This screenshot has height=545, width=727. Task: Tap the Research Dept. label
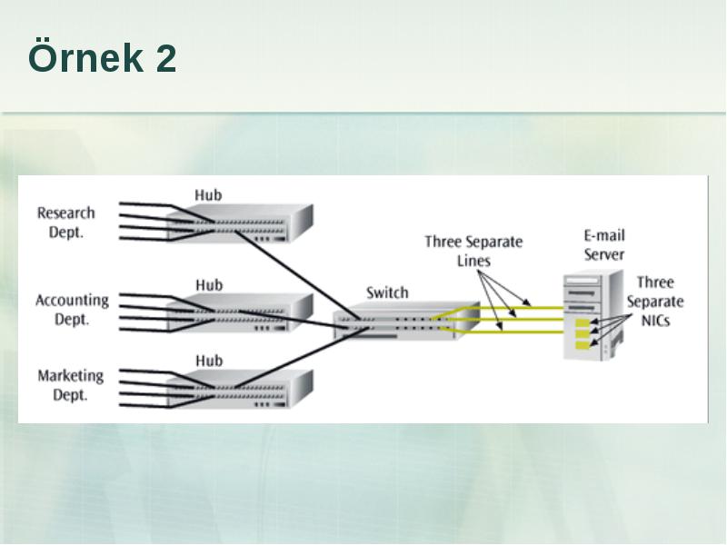pyautogui.click(x=65, y=223)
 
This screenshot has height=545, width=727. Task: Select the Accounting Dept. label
pyautogui.click(x=72, y=310)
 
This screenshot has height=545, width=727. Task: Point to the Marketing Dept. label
pyautogui.click(x=71, y=385)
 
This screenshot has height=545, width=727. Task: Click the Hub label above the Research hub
pyautogui.click(x=208, y=195)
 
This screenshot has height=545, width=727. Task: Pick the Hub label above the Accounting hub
pyautogui.click(x=209, y=285)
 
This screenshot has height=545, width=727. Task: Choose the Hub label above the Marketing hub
pyautogui.click(x=209, y=361)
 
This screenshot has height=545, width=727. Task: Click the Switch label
pyautogui.click(x=387, y=292)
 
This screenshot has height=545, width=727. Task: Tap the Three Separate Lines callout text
pyautogui.click(x=473, y=252)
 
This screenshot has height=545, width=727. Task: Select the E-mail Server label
pyautogui.click(x=604, y=245)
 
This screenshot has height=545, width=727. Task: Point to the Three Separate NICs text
pyautogui.click(x=655, y=302)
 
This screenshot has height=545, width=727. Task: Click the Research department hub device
pyautogui.click(x=239, y=223)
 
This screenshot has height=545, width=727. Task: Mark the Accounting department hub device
pyautogui.click(x=239, y=312)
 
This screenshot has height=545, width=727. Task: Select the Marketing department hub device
pyautogui.click(x=239, y=389)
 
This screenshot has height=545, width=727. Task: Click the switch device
pyautogui.click(x=406, y=321)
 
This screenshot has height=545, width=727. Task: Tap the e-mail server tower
pyautogui.click(x=593, y=315)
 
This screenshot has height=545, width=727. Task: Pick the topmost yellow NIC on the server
pyautogui.click(x=583, y=322)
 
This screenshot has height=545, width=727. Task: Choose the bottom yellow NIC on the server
pyautogui.click(x=583, y=345)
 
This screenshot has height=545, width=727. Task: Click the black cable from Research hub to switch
pyautogui.click(x=297, y=275)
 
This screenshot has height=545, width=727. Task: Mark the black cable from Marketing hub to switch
pyautogui.click(x=302, y=357)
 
